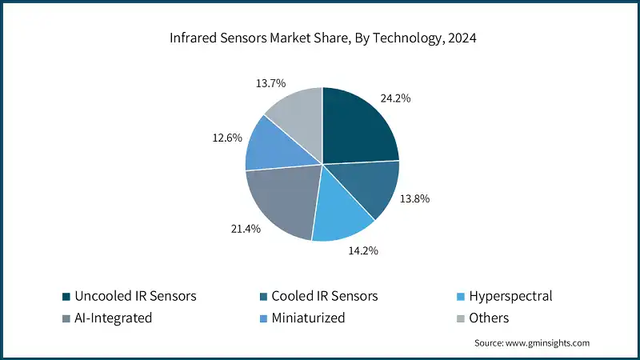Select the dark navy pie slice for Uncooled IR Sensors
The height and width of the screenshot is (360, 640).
tap(358, 128)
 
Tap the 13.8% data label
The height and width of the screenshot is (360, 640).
tap(415, 198)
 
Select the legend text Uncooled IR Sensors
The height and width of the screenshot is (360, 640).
tap(135, 296)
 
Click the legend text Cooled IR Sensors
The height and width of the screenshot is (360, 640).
tap(325, 296)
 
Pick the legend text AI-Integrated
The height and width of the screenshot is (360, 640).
tap(113, 318)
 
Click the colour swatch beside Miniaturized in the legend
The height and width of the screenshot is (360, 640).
tap(262, 318)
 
